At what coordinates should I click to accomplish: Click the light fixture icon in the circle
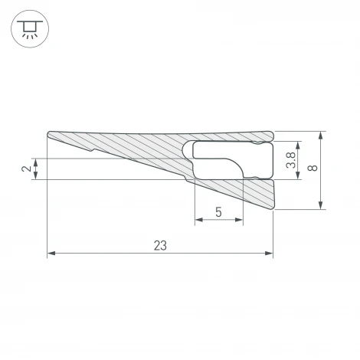[x=29, y=30]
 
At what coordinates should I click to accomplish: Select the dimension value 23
[x=160, y=245]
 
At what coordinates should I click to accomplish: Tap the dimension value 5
[x=219, y=212]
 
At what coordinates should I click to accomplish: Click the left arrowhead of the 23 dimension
[x=51, y=253]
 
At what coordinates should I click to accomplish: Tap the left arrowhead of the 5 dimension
[x=198, y=221]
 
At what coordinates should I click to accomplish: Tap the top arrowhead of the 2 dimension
[x=37, y=162]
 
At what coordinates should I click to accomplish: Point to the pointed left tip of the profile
[x=48, y=134]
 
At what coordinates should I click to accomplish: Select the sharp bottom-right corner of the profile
[x=273, y=208]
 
